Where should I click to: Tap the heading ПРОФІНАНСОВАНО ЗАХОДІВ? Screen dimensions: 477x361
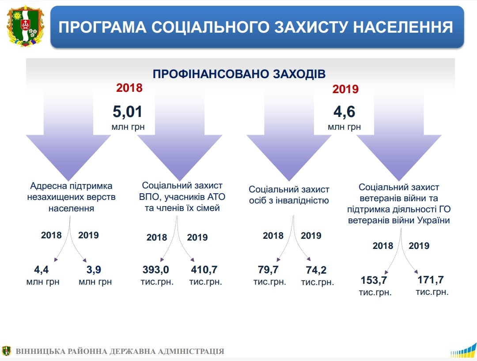pos(239,74)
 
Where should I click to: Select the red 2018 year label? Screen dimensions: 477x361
pos(129,88)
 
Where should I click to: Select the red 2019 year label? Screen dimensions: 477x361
pos(345,89)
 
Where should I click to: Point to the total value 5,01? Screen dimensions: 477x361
pos(128,112)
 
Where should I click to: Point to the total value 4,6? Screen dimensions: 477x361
pos(344,112)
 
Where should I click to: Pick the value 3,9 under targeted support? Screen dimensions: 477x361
pos(94,270)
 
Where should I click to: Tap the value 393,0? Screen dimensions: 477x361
pos(156,270)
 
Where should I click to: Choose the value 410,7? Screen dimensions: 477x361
pos(204,270)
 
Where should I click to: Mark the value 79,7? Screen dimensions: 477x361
pos(268,270)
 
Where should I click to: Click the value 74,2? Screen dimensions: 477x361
pos(316,270)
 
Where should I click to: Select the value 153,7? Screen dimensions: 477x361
pos(374,280)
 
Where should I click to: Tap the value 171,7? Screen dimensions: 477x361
pos(431,279)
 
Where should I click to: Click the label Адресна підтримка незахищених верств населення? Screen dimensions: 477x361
pos(71,197)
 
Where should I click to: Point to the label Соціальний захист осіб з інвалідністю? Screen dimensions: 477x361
pos(289,195)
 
